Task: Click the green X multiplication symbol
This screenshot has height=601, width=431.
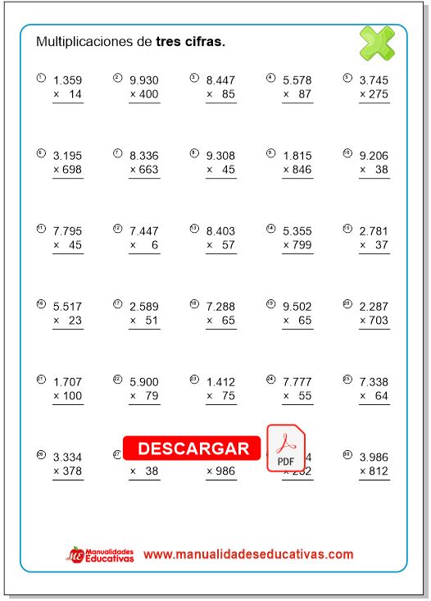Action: [x=377, y=43]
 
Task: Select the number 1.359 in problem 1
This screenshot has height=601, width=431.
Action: [x=67, y=80]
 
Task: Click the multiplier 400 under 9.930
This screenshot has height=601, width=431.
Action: [x=148, y=95]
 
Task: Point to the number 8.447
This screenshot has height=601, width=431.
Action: [x=221, y=80]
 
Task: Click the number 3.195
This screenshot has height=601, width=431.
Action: [x=67, y=155]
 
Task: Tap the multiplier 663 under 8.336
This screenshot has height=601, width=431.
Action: [x=148, y=170]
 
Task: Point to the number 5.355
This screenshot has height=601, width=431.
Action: [x=297, y=230]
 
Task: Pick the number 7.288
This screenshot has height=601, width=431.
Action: [x=221, y=307]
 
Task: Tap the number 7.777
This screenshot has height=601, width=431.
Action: [x=297, y=382]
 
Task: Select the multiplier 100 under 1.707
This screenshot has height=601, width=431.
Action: [x=72, y=397]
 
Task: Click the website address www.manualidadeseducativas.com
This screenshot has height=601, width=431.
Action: [x=248, y=554]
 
